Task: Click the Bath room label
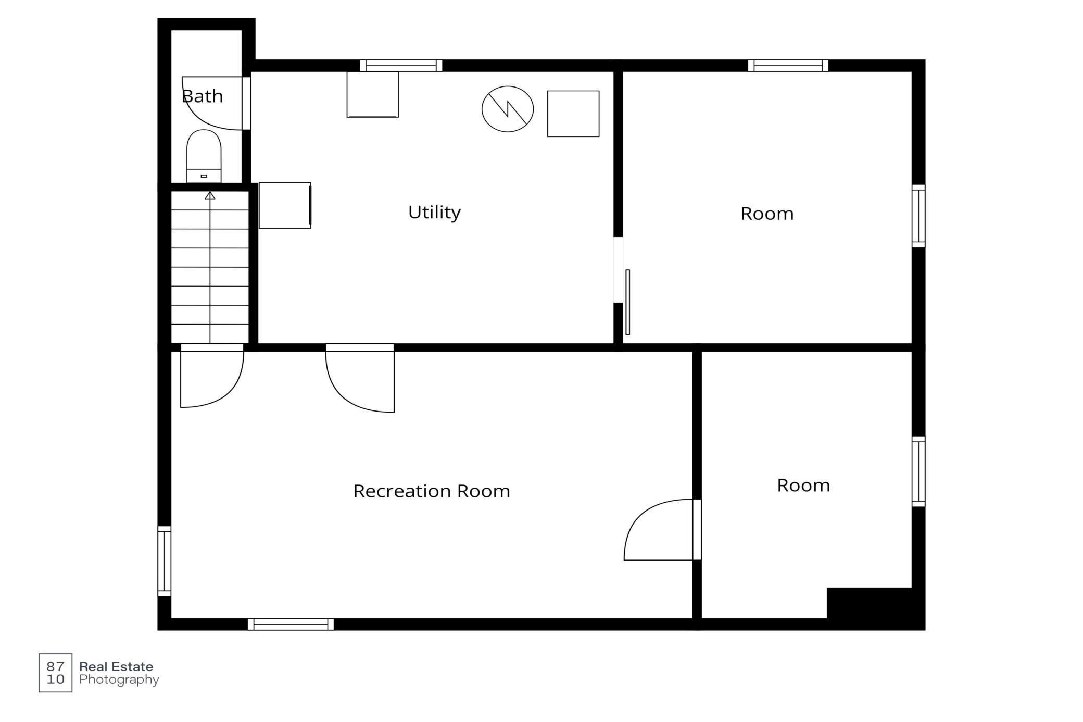pos(202,96)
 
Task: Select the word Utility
pos(434,212)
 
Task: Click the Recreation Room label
pos(431,491)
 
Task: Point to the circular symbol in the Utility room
pos(507,109)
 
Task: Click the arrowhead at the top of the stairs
pos(210,196)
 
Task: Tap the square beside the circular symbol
pos(573,114)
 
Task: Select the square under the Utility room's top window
pos(372,94)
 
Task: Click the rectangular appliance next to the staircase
pos(285,205)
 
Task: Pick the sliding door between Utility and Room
pos(627,302)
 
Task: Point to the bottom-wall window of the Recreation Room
pos(291,624)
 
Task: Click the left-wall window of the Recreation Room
pos(164,561)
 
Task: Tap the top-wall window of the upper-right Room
pos(788,66)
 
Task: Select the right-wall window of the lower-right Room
pos(918,471)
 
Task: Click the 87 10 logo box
pos(55,673)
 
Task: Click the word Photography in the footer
pos(119,680)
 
